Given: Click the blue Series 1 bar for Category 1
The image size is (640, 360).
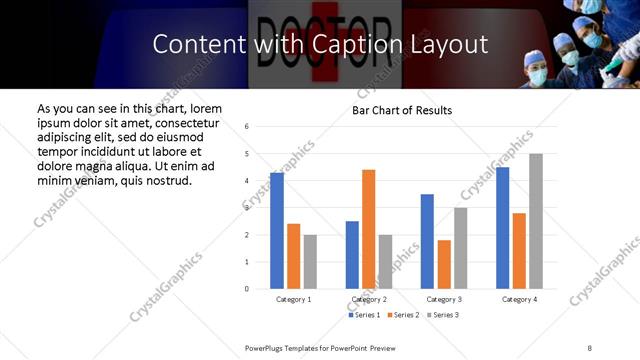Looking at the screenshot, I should coord(277,231).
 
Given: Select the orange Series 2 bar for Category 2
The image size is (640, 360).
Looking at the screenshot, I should coord(368,229).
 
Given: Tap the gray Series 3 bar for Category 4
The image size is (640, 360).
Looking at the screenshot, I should coord(536,221).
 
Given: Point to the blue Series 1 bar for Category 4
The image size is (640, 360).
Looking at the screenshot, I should coord(502,228).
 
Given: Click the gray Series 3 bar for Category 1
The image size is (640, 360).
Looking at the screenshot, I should coord(310,262).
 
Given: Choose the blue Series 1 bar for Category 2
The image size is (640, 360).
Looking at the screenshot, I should coord(352,255).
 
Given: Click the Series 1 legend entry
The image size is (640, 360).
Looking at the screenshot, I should coord(365,315).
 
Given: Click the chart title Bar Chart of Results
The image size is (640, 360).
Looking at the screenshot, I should coord(402,110).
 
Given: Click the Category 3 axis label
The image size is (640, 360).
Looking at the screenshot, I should coord(444,299).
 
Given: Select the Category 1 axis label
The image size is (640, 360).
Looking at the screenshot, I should coord(293,299).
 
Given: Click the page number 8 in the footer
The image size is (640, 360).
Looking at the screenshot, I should coord(589,347).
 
